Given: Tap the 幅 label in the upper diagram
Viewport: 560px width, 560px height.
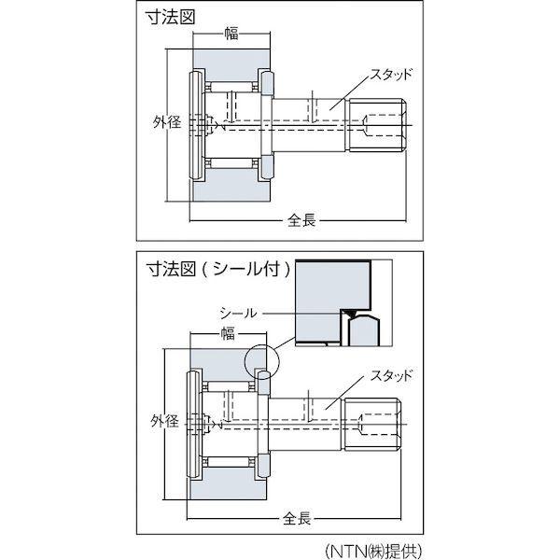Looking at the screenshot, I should pos(231,35).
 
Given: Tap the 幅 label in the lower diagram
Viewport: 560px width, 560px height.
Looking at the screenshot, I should pos(227,334).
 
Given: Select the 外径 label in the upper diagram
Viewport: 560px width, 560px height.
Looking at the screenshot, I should pos(165,121).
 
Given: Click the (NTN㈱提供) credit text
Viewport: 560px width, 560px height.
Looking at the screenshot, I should pos(367,546).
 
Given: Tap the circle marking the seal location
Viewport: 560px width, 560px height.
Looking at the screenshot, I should pos(262,357).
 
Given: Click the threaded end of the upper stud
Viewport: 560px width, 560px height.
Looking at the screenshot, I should pos(382,122).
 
